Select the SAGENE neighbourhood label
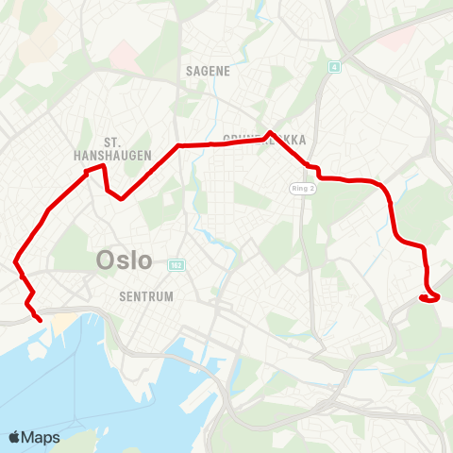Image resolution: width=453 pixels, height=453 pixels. point(208,70)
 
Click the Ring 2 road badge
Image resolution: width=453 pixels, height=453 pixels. point(300,189)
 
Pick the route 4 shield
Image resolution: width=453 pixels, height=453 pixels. point(334,66)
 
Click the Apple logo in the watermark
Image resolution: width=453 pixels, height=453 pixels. point(15,437)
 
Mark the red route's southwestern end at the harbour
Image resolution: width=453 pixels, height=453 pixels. point(42,321)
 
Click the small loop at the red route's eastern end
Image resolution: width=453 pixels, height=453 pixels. point(430,298)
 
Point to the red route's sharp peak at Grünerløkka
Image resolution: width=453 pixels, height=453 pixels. point(271,132)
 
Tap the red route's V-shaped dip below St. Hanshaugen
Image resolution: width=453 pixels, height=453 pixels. point(121,198)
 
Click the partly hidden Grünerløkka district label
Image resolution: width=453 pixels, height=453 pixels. point(264,141)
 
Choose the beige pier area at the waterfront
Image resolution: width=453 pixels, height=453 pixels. point(60,326)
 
